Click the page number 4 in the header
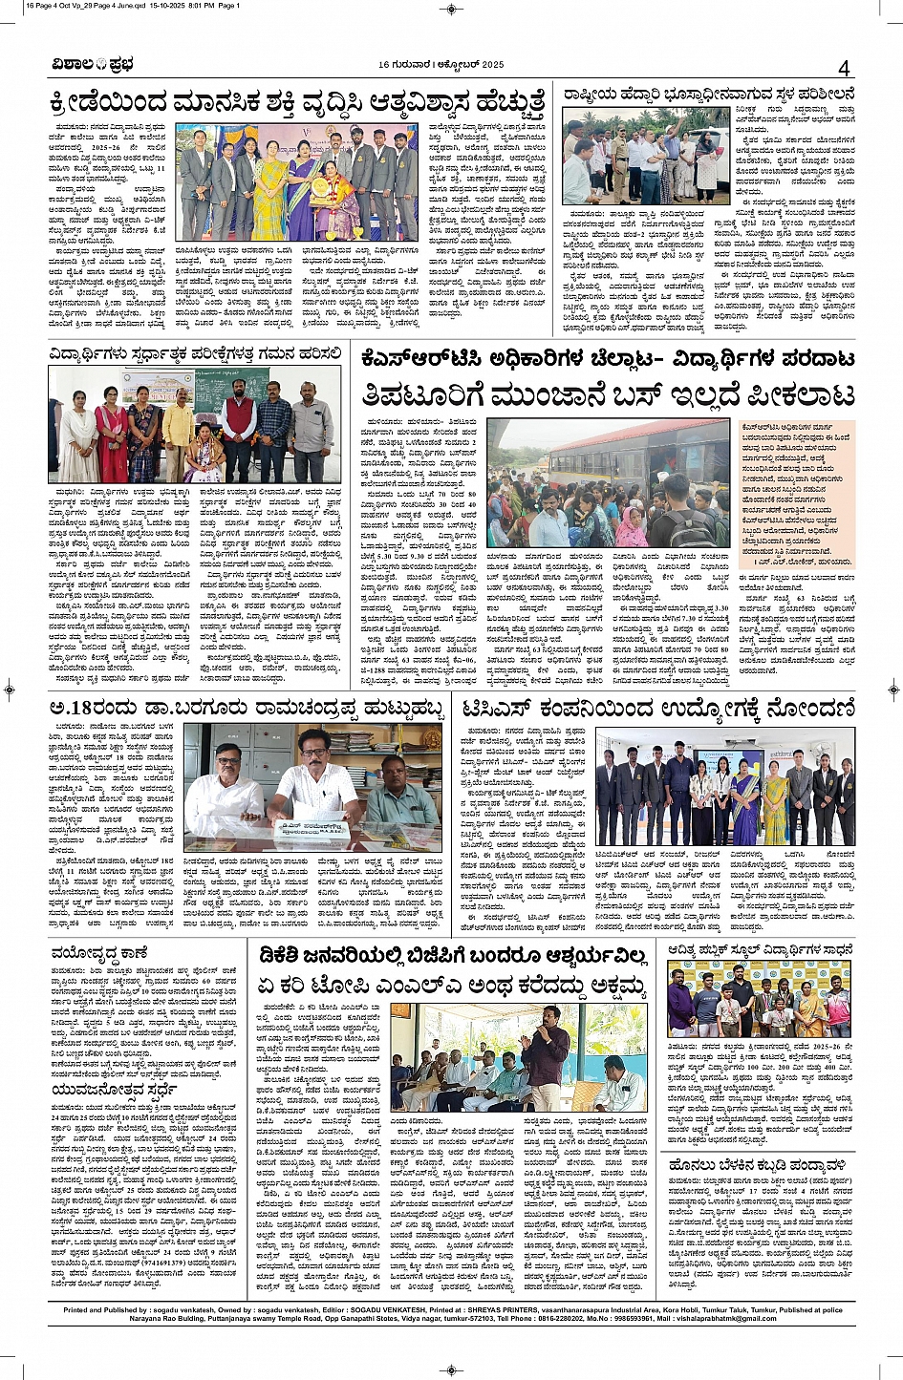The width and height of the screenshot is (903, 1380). pos(843,68)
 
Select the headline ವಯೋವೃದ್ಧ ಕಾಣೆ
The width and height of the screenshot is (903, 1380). pos(99,952)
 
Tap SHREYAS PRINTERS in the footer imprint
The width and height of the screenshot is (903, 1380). pos(499,1310)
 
